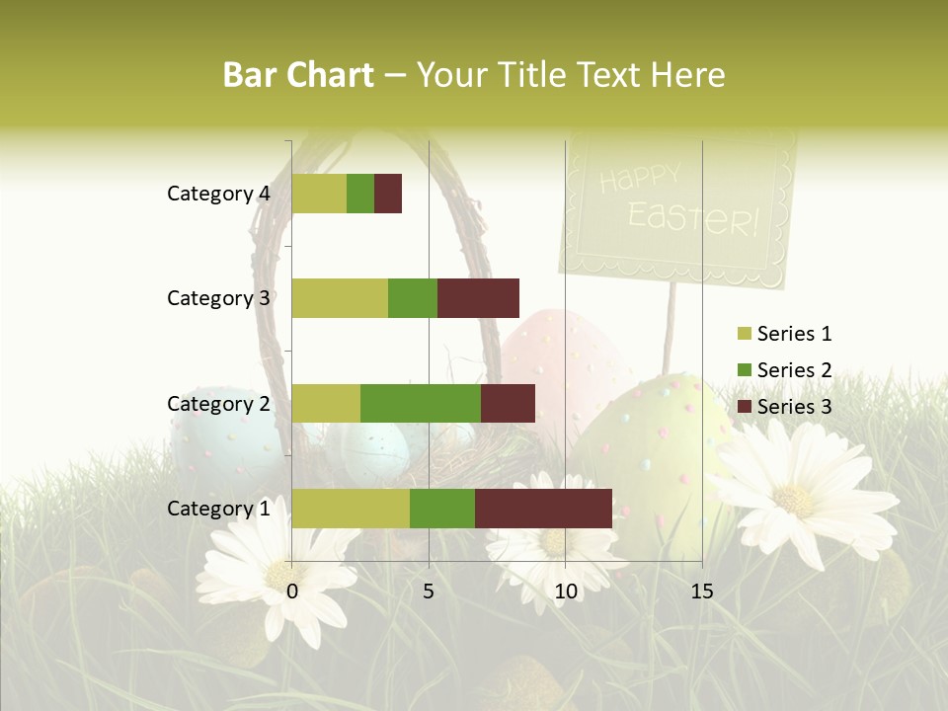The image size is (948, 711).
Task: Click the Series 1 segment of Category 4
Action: [x=319, y=194]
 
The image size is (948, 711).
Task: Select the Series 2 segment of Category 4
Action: [x=360, y=194]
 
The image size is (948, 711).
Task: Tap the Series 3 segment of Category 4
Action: [x=388, y=194]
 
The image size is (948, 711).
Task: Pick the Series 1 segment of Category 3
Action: [x=340, y=298]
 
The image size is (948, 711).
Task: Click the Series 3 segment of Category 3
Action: [x=478, y=298]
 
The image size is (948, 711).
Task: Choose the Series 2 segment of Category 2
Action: [x=421, y=403]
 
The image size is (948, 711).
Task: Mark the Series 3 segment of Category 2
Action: [x=508, y=403]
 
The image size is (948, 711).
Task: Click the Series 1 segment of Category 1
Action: [x=351, y=509]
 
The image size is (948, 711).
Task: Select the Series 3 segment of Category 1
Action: [x=543, y=509]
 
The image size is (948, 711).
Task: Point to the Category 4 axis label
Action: [x=218, y=194]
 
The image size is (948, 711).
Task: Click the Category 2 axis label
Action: [x=218, y=403]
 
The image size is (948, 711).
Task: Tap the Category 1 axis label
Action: [x=218, y=509]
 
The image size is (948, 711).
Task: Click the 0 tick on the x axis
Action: [x=292, y=592]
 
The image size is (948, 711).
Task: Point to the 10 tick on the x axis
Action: [x=565, y=592]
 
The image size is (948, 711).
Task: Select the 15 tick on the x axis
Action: [x=702, y=592]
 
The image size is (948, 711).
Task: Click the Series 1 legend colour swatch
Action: [x=744, y=334]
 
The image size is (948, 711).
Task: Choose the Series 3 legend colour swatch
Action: [x=744, y=407]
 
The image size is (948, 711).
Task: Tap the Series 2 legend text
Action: [x=794, y=370]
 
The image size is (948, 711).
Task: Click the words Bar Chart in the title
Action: [x=298, y=75]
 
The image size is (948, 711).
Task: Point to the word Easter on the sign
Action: [x=692, y=218]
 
